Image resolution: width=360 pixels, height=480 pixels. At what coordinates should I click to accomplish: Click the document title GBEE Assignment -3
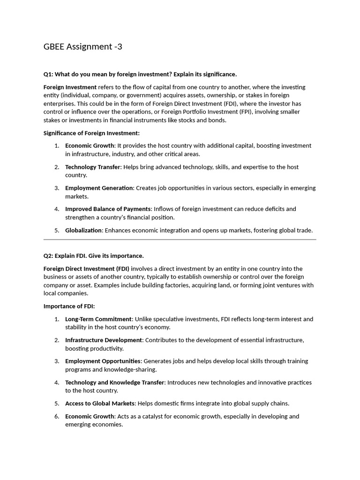tap(83, 47)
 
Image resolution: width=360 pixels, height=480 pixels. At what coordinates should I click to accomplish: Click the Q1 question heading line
tap(140, 74)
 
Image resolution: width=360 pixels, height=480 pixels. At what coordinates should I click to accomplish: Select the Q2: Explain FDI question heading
tap(93, 255)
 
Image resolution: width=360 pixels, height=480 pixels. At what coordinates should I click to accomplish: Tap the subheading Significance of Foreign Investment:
tap(91, 133)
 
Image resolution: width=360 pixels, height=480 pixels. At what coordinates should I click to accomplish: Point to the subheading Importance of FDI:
tap(69, 306)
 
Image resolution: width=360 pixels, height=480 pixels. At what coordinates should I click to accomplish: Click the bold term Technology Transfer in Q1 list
tap(92, 167)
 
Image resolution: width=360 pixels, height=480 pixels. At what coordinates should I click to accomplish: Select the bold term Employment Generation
tap(99, 188)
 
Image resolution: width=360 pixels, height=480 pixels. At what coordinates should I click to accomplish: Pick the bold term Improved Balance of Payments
tap(108, 209)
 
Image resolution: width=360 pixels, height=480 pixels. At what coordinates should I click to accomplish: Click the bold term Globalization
tap(83, 230)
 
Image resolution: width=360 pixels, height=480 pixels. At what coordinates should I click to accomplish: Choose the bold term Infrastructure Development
tap(103, 340)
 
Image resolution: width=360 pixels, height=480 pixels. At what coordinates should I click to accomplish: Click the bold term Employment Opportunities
tap(103, 361)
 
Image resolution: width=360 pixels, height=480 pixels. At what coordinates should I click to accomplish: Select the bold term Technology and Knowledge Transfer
tap(114, 382)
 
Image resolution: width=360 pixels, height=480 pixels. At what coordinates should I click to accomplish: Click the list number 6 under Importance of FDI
tap(56, 416)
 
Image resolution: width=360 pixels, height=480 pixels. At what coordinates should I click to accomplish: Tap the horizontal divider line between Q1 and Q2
tap(180, 240)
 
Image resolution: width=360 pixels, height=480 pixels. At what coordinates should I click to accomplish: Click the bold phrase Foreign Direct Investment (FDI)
tap(86, 269)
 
